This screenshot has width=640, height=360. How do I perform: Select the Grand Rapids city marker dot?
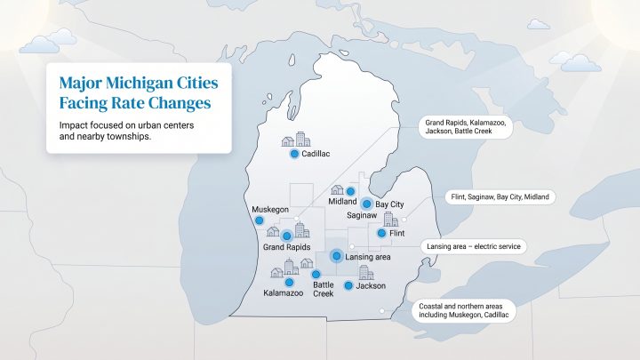point(286,236)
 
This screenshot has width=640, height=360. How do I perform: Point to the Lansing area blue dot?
point(336,256)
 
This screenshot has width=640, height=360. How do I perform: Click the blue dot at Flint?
point(381,233)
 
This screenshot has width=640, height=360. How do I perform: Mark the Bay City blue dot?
point(366,204)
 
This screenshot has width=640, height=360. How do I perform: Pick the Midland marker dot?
point(350,191)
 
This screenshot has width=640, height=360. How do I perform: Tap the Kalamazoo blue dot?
point(289,281)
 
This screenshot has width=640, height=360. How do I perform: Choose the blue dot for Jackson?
point(348,286)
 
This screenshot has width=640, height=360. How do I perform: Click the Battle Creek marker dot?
point(316,274)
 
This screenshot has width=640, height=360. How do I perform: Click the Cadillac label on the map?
point(316,154)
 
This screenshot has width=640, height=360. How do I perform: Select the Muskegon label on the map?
point(270,208)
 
